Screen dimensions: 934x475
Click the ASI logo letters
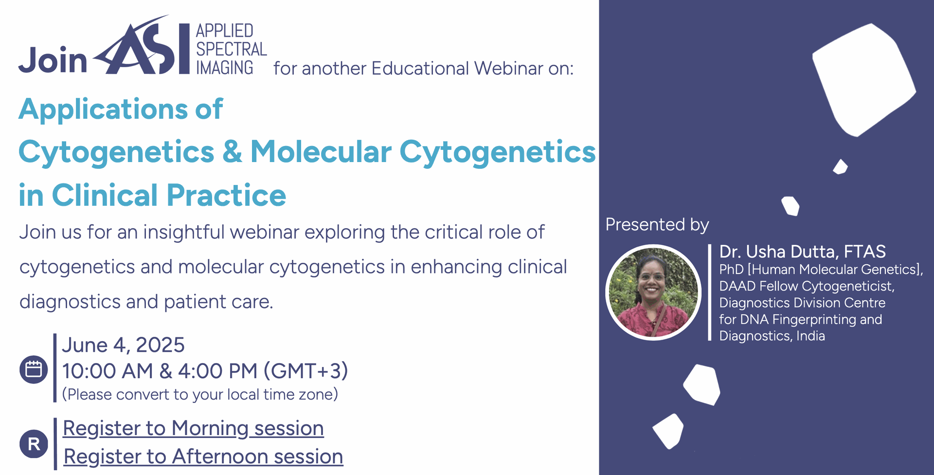141,46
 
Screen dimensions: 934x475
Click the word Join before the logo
53,60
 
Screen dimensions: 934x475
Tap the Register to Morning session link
193,428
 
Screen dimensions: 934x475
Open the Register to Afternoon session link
203,457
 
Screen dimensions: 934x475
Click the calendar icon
34,369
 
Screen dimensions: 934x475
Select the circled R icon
34,444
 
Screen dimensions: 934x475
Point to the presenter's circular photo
653,292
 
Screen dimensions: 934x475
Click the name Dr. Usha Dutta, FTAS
803,252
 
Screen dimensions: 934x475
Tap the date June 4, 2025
123,345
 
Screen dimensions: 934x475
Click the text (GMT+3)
306,371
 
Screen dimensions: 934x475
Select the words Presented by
657,225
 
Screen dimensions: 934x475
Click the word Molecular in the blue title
321,151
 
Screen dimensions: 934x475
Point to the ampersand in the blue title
232,151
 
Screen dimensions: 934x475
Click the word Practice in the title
226,195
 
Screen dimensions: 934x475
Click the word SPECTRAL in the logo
232,49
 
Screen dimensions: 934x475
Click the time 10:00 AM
108,371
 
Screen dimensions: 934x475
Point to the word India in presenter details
810,336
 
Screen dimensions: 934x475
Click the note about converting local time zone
200,394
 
